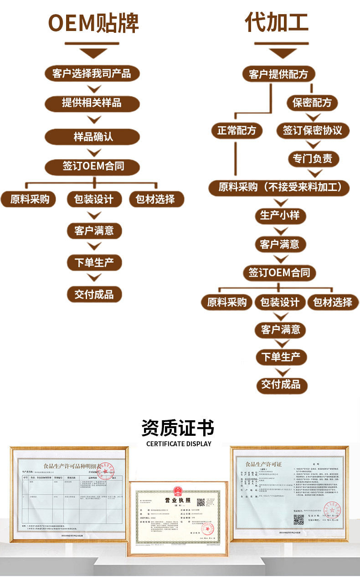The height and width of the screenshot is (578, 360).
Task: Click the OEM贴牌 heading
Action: click(93, 23)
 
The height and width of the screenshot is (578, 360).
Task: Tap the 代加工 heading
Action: click(277, 22)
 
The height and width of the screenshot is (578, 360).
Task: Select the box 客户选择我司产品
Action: click(92, 73)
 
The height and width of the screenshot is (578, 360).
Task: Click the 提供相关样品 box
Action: click(92, 102)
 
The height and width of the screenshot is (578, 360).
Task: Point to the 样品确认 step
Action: click(92, 136)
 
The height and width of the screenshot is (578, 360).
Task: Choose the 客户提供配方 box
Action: click(278, 74)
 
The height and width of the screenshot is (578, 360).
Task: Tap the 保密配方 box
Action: click(312, 102)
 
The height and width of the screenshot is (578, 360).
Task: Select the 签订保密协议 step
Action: click(312, 131)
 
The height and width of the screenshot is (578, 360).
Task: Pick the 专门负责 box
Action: click(312, 159)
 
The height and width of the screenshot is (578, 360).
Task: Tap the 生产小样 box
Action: click(280, 215)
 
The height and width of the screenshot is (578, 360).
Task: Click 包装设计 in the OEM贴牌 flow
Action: click(93, 199)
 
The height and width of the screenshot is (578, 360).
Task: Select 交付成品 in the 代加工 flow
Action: click(281, 384)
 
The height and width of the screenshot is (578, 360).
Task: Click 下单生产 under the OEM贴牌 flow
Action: click(94, 263)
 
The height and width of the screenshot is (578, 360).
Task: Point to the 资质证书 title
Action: click(178, 428)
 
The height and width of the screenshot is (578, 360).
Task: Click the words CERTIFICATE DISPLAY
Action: click(179, 444)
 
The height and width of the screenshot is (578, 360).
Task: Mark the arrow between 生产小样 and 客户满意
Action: click(280, 230)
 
